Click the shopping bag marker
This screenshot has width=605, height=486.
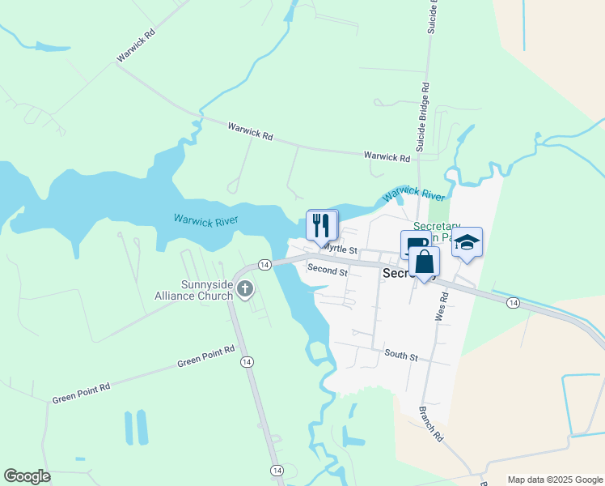425,262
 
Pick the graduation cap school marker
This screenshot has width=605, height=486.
467,243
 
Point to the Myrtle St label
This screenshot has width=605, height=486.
341,250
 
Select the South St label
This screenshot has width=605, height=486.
401,355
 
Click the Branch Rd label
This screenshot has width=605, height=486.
431,423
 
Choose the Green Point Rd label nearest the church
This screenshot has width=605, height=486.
206,357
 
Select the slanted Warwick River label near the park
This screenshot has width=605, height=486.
413,194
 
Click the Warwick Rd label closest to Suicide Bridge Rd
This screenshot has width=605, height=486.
387,156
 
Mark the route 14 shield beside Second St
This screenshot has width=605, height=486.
264,265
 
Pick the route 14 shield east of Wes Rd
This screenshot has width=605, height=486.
513,302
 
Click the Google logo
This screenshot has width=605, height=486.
27,476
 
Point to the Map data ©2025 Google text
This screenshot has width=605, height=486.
554,480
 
